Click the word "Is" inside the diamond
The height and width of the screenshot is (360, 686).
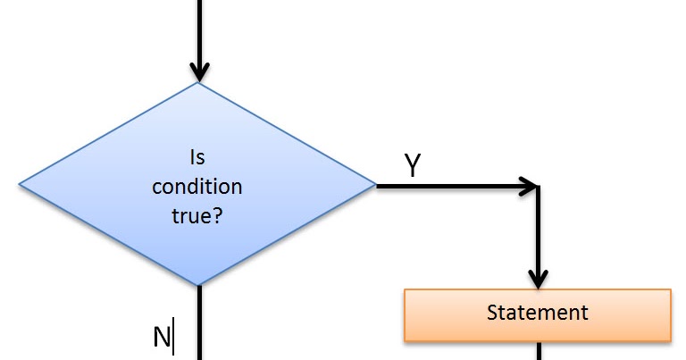tap(197, 158)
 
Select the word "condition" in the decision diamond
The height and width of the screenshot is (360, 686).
tap(197, 187)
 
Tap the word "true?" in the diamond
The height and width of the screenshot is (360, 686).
tap(197, 215)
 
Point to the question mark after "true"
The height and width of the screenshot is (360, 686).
tap(217, 215)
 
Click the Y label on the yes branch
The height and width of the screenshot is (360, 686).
tap(412, 166)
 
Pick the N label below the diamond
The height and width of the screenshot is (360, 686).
tap(162, 337)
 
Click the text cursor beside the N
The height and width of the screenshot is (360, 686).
tap(174, 338)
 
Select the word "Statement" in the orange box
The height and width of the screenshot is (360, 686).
tap(537, 314)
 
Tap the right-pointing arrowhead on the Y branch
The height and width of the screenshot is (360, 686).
tap(529, 187)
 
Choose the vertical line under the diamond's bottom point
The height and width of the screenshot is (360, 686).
tap(198, 322)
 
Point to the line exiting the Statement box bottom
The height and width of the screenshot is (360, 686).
tap(538, 350)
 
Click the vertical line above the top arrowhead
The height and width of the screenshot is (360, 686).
tap(198, 27)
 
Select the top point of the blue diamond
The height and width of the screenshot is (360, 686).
tap(198, 84)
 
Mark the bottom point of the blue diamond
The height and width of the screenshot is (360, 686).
tap(198, 286)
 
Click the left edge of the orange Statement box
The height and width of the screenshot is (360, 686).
tap(406, 314)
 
